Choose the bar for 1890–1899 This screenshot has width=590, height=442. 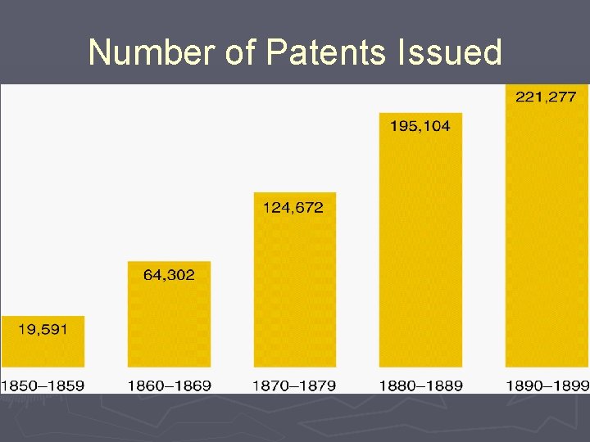coord(547,237)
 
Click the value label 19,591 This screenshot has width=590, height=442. coord(42,330)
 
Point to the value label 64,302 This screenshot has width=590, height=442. coord(169,275)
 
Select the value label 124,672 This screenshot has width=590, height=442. coord(293,208)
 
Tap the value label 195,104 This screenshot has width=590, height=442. coord(420,126)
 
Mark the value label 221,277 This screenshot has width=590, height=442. coord(546,97)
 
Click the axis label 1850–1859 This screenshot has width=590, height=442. coord(43,386)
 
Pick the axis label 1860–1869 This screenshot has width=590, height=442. coord(169,386)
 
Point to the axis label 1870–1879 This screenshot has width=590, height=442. coord(294,386)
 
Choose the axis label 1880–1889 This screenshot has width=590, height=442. coord(420,386)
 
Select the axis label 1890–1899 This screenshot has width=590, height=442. coord(547,386)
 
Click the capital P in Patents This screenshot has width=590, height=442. coord(277,52)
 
